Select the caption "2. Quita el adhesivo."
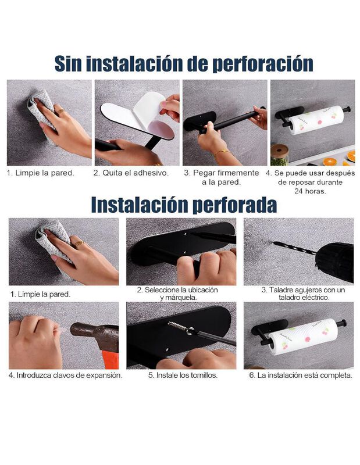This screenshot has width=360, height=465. [131, 173]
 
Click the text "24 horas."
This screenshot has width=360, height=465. [311, 190]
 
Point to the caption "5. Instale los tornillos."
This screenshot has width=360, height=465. [183, 375]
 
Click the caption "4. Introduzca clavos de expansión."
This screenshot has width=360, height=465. [65, 375]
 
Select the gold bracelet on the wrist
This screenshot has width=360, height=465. [220, 154]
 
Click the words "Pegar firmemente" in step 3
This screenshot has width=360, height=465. [226, 173]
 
